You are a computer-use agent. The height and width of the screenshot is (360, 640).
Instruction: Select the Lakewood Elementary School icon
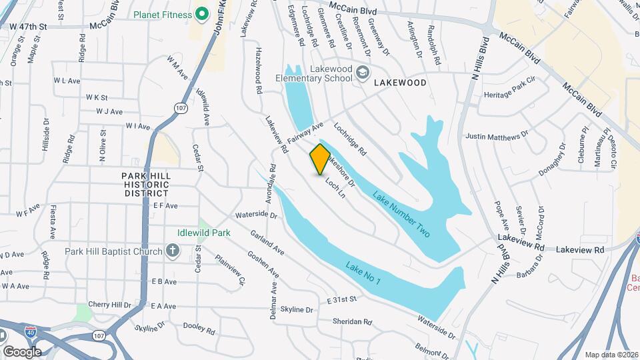pos(363,72)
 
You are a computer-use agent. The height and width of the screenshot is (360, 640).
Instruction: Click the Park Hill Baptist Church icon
pos(173,251)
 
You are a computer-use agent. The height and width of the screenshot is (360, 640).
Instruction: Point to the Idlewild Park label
pos(204,233)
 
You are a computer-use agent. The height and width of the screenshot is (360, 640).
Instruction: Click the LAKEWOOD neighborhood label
pos(400,83)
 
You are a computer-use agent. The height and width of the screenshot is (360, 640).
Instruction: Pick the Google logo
pos(22,351)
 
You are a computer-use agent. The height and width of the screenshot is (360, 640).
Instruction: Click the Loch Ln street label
pos(335,187)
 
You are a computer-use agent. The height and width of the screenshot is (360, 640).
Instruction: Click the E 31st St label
pos(343,301)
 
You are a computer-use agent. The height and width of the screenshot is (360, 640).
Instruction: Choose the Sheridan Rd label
pos(353,321)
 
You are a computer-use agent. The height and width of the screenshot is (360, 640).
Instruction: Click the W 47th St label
pos(29,26)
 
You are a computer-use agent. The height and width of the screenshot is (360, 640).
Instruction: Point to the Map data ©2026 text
pos(611,355)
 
